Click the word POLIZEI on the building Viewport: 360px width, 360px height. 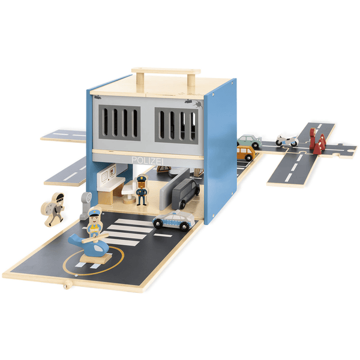pos(148,161)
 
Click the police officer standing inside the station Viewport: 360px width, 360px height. pos(142,190)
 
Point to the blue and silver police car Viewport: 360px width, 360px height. pos(173,220)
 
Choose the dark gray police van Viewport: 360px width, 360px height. pos(186,193)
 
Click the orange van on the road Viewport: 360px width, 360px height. pos(246,152)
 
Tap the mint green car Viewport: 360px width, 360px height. pos(250,140)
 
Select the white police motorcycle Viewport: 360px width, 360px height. pos(287,140)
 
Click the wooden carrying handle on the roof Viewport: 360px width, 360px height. pos(166,74)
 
